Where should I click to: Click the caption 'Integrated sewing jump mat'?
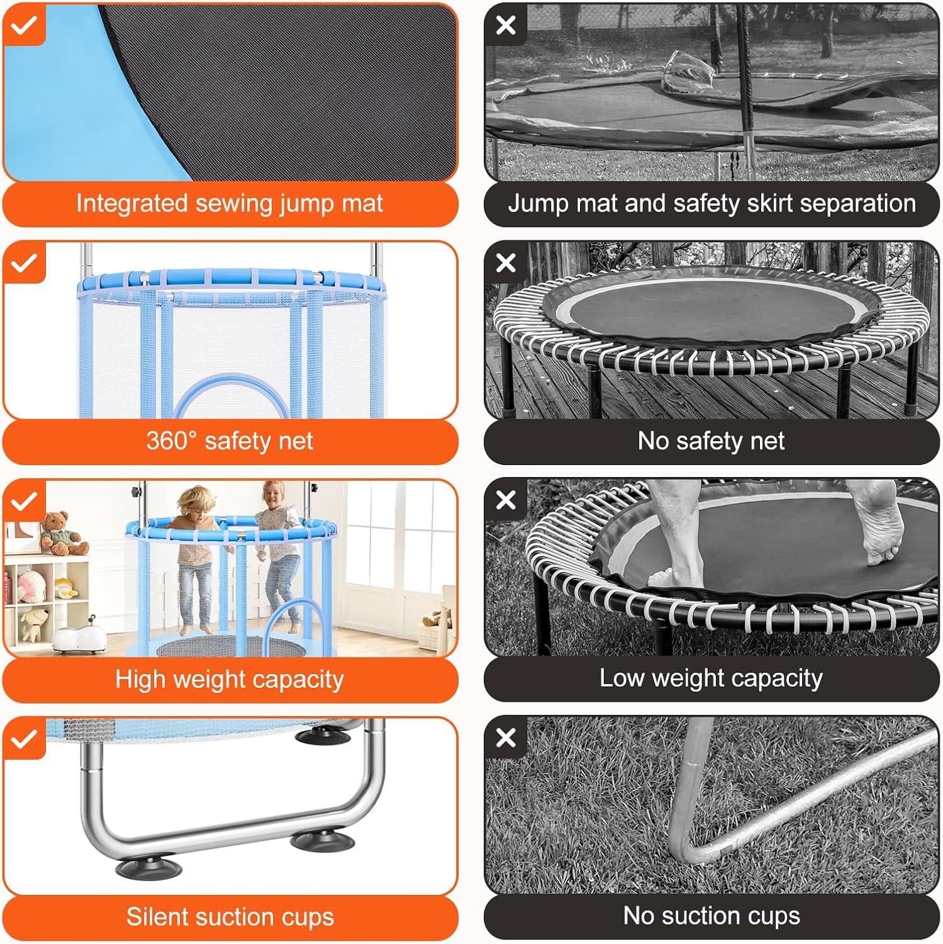coord(230,204)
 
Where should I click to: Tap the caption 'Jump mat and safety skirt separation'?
coord(711,204)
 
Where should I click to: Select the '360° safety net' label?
coord(230,441)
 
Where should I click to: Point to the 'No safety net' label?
coord(711,441)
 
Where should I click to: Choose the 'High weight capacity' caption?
coord(230,679)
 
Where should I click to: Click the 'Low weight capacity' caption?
coord(711,678)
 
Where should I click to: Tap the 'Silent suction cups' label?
coord(230,917)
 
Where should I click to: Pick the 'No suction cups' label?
coord(711,916)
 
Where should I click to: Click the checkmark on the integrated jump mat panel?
coord(24,25)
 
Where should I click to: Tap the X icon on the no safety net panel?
coord(506,262)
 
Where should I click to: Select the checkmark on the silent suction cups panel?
coord(24,739)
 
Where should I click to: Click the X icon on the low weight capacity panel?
coord(506,500)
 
